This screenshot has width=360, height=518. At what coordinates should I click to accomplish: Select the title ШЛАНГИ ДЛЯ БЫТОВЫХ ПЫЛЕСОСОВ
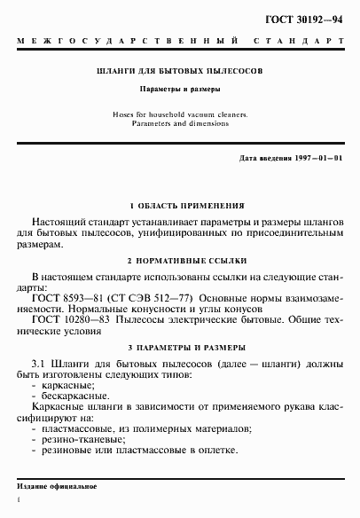click(180, 69)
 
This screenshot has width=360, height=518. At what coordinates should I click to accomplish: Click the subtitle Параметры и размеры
click(180, 90)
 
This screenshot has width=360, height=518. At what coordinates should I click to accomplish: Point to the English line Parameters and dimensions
click(180, 123)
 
